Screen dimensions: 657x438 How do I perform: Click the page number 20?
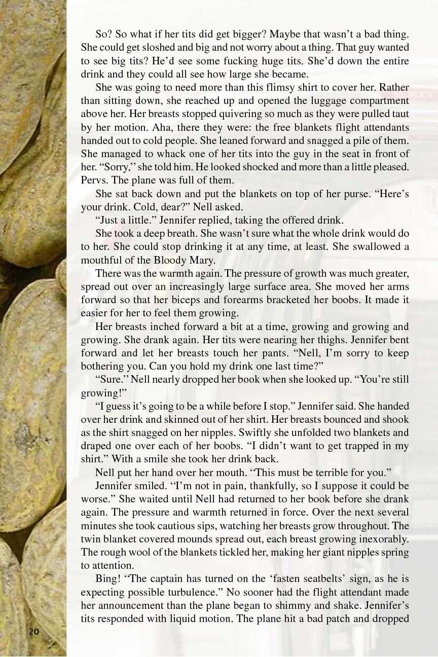click(x=34, y=631)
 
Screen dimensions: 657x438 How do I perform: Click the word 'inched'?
click(x=156, y=326)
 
